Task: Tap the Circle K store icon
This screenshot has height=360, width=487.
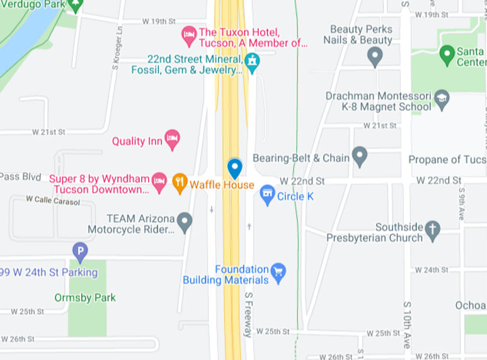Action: pyautogui.click(x=268, y=194)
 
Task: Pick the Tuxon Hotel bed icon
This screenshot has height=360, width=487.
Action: pyautogui.click(x=188, y=36)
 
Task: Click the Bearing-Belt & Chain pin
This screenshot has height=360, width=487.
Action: pyautogui.click(x=360, y=156)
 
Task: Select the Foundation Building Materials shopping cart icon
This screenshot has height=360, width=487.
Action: pyautogui.click(x=278, y=272)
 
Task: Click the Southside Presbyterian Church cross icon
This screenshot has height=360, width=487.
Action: pyautogui.click(x=432, y=230)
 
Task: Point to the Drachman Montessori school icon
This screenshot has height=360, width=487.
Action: pyautogui.click(x=442, y=99)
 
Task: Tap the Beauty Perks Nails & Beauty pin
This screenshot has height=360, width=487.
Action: pyautogui.click(x=375, y=57)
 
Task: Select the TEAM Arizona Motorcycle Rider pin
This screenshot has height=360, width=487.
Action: pyautogui.click(x=184, y=222)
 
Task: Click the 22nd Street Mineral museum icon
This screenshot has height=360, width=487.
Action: pyautogui.click(x=252, y=62)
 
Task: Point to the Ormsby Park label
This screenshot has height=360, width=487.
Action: pyautogui.click(x=85, y=298)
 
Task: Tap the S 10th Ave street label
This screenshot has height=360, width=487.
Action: pyautogui.click(x=406, y=323)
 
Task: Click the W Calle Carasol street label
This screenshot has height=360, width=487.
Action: pyautogui.click(x=53, y=200)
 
